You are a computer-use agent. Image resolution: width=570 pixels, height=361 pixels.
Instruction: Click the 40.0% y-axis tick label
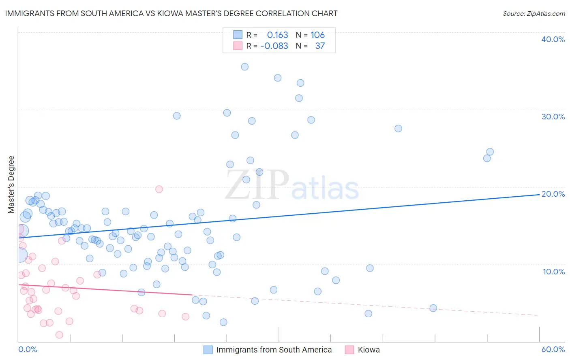[x=553, y=39]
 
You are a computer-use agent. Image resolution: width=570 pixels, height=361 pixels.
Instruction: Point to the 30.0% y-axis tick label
[x=553, y=117]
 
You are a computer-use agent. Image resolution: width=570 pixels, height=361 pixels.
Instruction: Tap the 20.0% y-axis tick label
[x=553, y=194]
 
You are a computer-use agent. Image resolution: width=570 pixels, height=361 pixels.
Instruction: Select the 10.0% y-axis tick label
[x=553, y=272]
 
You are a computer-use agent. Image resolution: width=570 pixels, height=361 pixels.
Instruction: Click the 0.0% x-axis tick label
[x=28, y=349]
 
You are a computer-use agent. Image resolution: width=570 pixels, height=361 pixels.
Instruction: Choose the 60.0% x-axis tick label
[x=553, y=349]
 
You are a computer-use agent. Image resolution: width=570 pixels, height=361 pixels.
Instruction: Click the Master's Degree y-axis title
[x=11, y=185]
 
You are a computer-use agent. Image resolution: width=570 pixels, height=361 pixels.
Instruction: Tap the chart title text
[x=171, y=13]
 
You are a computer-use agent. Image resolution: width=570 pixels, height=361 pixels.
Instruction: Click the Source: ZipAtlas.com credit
[x=534, y=13]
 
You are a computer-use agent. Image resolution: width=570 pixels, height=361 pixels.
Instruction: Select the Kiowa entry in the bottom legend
[x=369, y=350]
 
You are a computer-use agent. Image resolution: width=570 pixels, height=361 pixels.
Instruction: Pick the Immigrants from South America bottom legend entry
[x=274, y=350]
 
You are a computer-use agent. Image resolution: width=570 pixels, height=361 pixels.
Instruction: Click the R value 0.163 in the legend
[x=277, y=35]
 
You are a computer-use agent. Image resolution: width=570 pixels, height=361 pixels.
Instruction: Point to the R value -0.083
[x=274, y=46]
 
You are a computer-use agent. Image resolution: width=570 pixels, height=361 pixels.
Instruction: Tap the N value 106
[x=317, y=35]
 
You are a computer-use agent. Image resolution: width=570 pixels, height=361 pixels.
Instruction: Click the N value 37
[x=320, y=46]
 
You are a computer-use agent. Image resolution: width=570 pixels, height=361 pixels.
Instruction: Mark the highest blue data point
[x=244, y=67]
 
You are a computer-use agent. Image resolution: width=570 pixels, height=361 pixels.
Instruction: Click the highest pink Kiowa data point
[x=159, y=189]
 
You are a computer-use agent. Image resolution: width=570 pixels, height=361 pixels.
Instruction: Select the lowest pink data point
[x=59, y=335]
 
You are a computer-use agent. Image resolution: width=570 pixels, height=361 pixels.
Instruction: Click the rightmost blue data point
[x=490, y=152]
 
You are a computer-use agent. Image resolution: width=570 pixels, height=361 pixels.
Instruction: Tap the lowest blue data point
[x=223, y=322]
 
